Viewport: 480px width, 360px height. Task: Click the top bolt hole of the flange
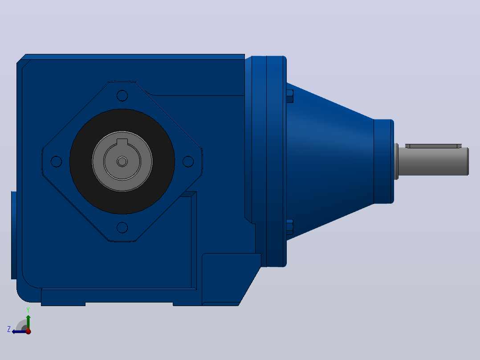(x=122, y=96)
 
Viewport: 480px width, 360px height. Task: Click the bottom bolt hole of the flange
(x=122, y=228)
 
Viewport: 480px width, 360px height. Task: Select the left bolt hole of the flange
(x=56, y=161)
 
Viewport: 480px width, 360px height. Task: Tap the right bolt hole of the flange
(x=188, y=161)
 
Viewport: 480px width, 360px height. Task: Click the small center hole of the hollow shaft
(x=122, y=161)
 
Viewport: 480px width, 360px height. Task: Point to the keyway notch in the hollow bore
(x=122, y=141)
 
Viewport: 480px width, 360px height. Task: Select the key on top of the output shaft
(x=433, y=146)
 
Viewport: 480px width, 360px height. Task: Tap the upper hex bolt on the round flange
(x=290, y=96)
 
